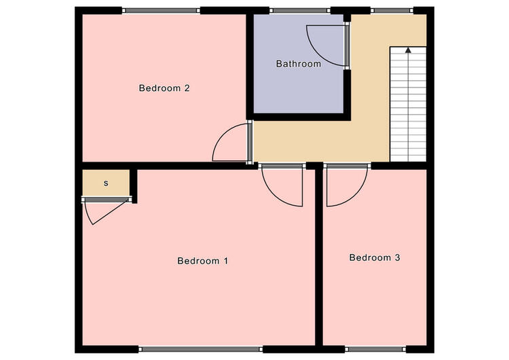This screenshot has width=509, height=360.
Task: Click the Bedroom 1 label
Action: tap(202, 261)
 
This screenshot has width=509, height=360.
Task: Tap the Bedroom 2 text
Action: tap(164, 88)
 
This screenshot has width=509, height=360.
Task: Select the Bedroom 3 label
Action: tap(375, 257)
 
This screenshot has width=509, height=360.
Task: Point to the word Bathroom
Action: tap(299, 64)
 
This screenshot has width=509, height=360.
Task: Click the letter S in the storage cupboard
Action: tap(106, 183)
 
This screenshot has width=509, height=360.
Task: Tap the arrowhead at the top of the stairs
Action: tap(408, 50)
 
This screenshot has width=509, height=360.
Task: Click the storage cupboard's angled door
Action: tap(109, 213)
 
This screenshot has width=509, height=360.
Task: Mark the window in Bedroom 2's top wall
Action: tap(161, 11)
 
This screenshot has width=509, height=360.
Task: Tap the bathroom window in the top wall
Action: tap(300, 11)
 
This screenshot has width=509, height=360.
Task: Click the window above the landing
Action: tap(392, 11)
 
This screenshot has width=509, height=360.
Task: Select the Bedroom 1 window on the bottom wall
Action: tap(201, 349)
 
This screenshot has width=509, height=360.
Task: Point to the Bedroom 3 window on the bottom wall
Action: tap(375, 349)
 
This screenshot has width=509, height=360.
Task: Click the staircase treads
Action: tap(408, 104)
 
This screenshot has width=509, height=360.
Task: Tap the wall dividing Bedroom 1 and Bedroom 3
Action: tap(319, 257)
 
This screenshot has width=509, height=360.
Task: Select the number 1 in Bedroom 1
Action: tap(225, 261)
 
